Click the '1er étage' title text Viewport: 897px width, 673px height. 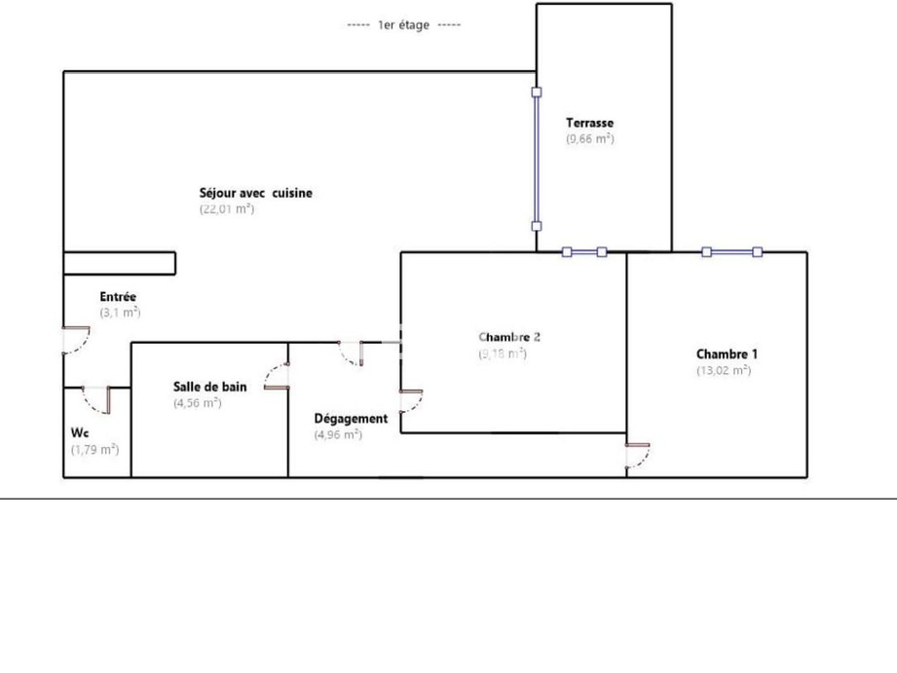[403, 25]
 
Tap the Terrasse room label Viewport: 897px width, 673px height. [590, 124]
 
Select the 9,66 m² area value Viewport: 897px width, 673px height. [590, 139]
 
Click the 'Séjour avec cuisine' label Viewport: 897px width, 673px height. [256, 193]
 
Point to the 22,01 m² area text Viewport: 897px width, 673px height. [227, 208]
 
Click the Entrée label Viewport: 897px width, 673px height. [118, 297]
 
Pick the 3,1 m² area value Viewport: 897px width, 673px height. [120, 313]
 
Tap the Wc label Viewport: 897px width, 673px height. [80, 432]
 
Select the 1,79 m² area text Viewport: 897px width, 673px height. [94, 449]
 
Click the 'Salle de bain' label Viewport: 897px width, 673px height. [209, 387]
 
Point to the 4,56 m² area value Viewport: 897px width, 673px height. [198, 402]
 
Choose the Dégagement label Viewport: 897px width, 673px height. [351, 419]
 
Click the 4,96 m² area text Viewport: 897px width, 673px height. [338, 434]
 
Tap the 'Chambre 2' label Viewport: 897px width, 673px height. [509, 337]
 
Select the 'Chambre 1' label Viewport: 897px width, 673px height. [727, 355]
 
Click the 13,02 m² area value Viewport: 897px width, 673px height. [724, 370]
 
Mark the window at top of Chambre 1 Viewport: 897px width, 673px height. [732, 252]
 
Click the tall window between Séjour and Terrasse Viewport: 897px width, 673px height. [536, 160]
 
